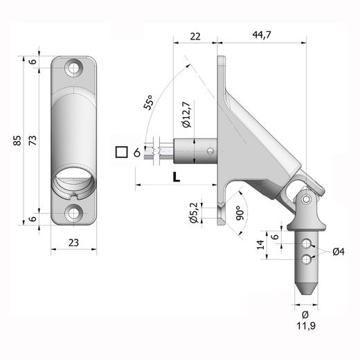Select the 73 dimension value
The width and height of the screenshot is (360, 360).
pos(30,141)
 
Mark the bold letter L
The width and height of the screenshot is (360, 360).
pos(176,177)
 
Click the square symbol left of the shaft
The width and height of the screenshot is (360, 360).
pos(123,152)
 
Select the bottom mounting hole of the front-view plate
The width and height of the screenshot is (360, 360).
pos(72,213)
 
